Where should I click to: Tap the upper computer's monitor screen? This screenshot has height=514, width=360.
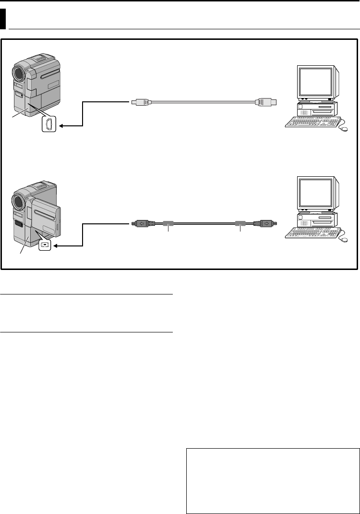315,83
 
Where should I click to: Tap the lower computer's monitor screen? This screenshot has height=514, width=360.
315,193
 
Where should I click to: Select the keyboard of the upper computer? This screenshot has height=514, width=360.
312,122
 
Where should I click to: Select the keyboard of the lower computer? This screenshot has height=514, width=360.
312,233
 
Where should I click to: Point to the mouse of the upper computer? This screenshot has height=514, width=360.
344,129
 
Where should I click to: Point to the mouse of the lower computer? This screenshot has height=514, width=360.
344,239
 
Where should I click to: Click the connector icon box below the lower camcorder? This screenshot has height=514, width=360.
45,245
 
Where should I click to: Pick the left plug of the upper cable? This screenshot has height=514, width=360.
141,102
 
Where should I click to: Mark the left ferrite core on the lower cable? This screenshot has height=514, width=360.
168,223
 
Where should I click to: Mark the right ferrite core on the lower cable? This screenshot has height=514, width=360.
240,223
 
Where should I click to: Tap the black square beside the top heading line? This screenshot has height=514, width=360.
3,21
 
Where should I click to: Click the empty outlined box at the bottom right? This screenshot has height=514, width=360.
273,481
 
